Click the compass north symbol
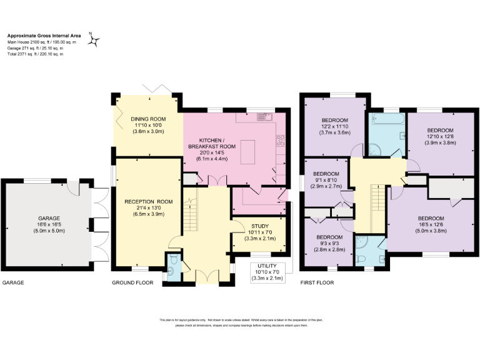tap(94, 40)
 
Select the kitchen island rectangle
tap(247, 152)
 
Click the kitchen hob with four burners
tap(281, 140)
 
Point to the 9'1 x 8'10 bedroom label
tap(326, 180)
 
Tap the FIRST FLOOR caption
tap(317, 283)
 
